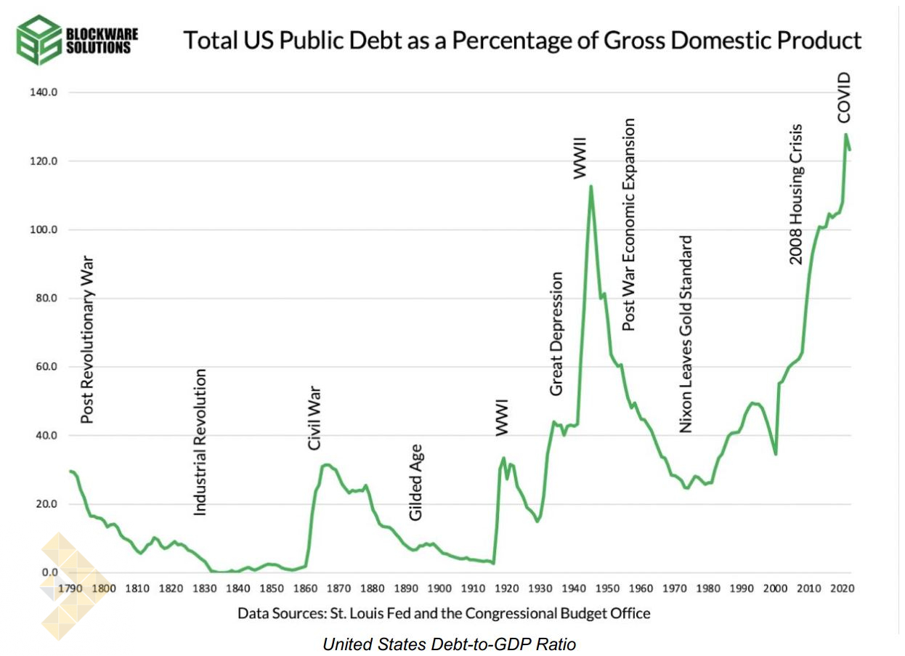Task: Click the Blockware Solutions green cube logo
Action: tap(38, 39)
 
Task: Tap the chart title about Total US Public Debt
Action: tap(522, 40)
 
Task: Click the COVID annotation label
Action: tap(843, 97)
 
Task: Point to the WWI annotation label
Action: tap(502, 417)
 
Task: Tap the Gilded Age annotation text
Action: tap(415, 482)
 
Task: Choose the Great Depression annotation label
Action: tap(556, 333)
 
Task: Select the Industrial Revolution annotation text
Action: tap(200, 442)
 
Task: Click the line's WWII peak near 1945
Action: tap(591, 187)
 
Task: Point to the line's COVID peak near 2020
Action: tap(845, 134)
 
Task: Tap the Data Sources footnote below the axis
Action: tap(444, 613)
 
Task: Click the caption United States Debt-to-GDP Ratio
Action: tap(449, 643)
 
